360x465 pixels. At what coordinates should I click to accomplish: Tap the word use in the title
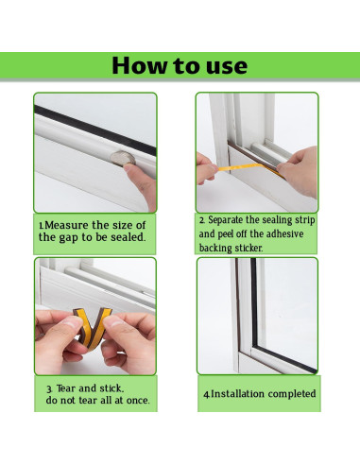pyautogui.click(x=227, y=67)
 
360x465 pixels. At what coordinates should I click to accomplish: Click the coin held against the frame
pyautogui.click(x=123, y=158)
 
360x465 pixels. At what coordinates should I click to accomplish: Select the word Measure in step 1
pyautogui.click(x=66, y=225)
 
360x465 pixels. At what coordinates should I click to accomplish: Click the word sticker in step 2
pyautogui.click(x=249, y=248)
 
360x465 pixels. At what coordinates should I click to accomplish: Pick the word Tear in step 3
pyautogui.click(x=66, y=388)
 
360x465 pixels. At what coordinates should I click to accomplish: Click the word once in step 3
pyautogui.click(x=138, y=401)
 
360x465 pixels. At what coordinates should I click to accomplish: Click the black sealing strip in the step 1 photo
pyautogui.click(x=95, y=129)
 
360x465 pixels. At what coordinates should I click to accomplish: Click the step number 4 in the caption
pyautogui.click(x=206, y=394)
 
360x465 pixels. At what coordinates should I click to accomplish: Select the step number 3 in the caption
pyautogui.click(x=49, y=389)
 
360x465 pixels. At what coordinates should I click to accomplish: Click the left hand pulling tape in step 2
pyautogui.click(x=206, y=168)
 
